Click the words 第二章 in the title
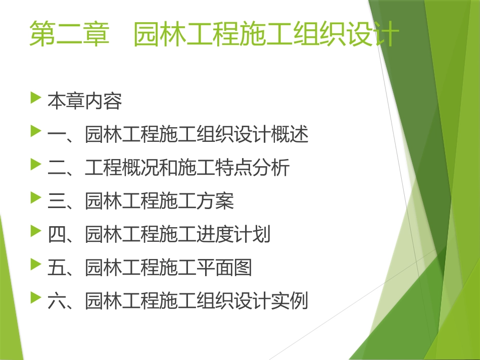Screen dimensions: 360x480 (70, 34)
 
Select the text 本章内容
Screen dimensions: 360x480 (85, 101)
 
